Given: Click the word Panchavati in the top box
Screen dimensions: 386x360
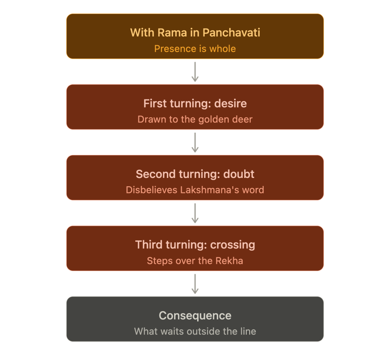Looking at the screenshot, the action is click(231, 33).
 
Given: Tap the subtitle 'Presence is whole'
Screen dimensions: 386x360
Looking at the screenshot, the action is click(195, 49).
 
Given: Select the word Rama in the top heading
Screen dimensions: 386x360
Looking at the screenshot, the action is click(172, 33).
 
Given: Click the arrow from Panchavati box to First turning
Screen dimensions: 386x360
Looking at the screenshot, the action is click(195, 72).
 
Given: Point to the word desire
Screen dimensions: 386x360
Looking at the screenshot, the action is click(230, 103).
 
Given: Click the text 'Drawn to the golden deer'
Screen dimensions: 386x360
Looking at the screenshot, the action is click(195, 119).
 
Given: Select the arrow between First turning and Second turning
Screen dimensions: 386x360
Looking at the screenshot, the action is click(195, 142).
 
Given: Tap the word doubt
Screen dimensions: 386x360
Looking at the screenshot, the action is click(239, 174).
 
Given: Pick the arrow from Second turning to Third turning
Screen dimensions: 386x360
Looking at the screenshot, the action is click(195, 213).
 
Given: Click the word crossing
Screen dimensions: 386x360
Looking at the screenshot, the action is click(233, 245).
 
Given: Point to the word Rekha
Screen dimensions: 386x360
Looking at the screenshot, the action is click(229, 261).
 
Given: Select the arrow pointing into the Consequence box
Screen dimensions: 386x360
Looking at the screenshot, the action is click(195, 284).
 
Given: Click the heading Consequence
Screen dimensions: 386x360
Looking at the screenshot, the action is click(195, 316).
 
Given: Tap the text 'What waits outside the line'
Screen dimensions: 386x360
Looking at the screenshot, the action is click(195, 331).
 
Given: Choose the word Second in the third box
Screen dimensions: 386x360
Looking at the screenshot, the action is click(156, 174).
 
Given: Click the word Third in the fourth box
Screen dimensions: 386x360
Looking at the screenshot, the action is click(149, 245).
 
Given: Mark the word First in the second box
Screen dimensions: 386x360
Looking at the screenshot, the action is click(155, 103).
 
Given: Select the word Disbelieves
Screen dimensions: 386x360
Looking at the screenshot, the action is click(152, 190).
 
